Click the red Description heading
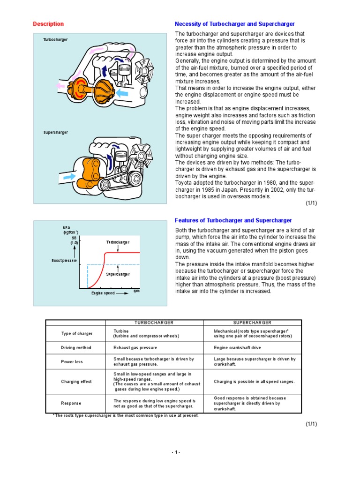tap(48, 24)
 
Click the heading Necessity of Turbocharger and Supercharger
tap(234, 24)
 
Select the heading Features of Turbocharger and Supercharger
tap(233, 220)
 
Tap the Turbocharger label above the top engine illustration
tap(55, 40)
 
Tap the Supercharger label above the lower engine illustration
tap(56, 133)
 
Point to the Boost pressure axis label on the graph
tap(64, 260)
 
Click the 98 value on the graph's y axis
tap(74, 238)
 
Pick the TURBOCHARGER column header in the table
tap(154, 323)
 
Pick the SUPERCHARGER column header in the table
tap(252, 323)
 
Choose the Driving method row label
tap(76, 348)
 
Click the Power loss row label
tap(72, 362)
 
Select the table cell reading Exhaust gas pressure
tap(135, 348)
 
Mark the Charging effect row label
tap(76, 382)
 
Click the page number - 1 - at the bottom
tap(175, 452)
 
